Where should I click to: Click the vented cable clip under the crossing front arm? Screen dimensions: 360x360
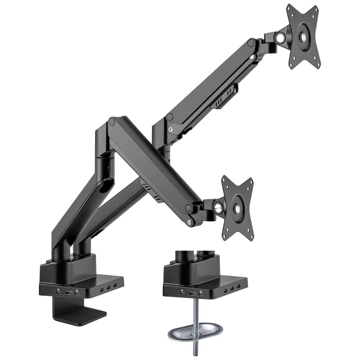pyautogui.click(x=150, y=190)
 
